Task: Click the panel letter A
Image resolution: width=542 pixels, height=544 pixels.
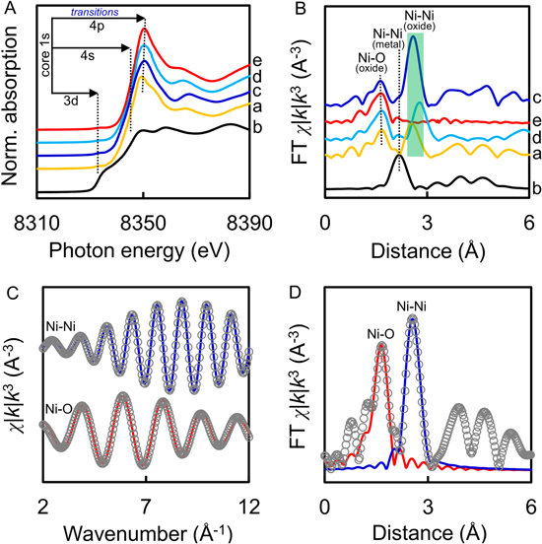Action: pos(9,9)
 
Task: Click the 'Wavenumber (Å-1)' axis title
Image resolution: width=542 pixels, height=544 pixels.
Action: pos(144,529)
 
